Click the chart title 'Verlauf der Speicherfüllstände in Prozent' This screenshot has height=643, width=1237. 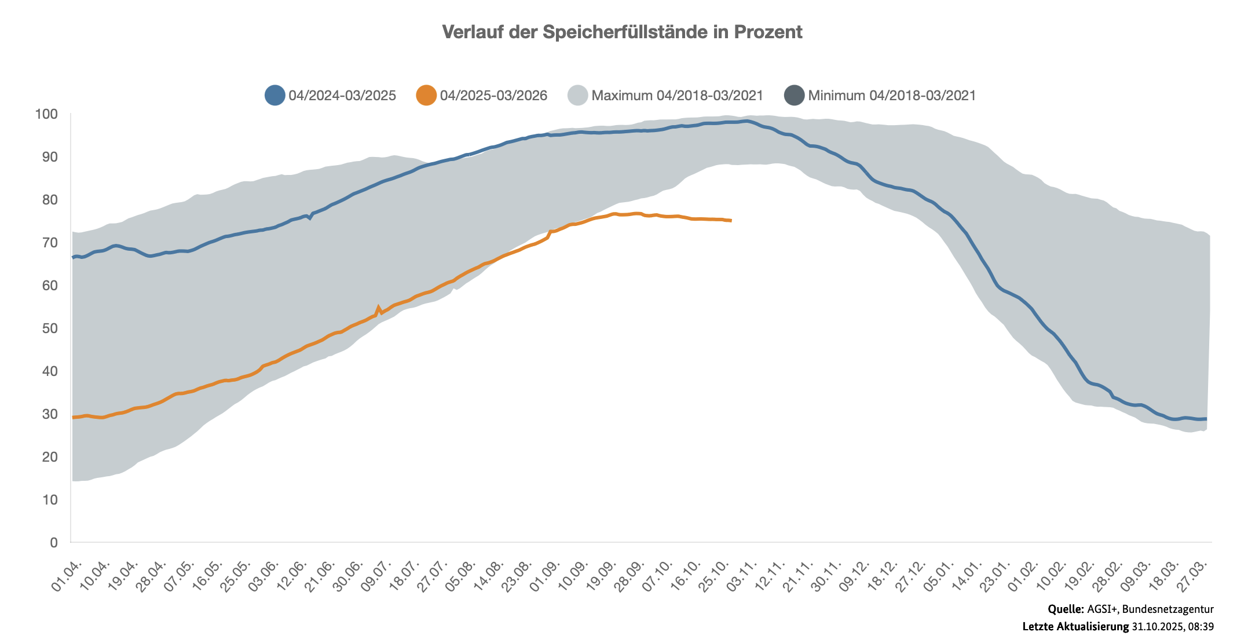point(622,32)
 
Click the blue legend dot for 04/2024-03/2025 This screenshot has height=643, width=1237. point(275,95)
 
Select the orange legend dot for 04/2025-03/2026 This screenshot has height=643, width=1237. point(426,95)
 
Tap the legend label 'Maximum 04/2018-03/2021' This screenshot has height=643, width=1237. point(677,96)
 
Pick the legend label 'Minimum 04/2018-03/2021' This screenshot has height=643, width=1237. point(892,96)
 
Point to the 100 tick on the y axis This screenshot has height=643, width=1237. point(46,114)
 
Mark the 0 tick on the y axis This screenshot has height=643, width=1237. point(54,543)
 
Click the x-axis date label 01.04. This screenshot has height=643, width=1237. point(67,576)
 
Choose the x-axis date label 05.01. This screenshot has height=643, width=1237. point(940,576)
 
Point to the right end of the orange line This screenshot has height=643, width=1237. point(731,221)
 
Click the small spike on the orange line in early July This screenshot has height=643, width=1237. point(378,308)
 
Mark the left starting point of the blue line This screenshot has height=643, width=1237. point(73,257)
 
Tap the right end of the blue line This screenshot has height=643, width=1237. point(1206,419)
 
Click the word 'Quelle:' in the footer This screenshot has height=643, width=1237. point(1066,609)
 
